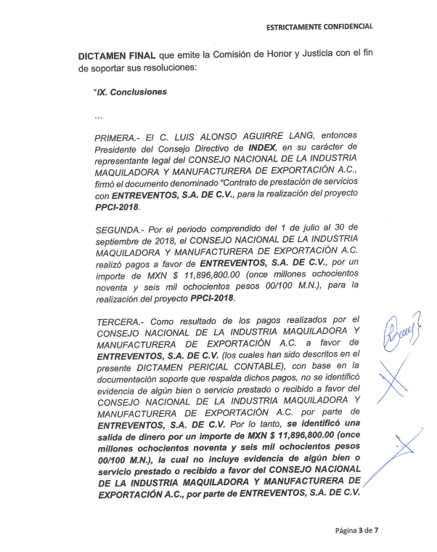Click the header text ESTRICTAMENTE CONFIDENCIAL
(319, 26)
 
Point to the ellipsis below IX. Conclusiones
(99, 116)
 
